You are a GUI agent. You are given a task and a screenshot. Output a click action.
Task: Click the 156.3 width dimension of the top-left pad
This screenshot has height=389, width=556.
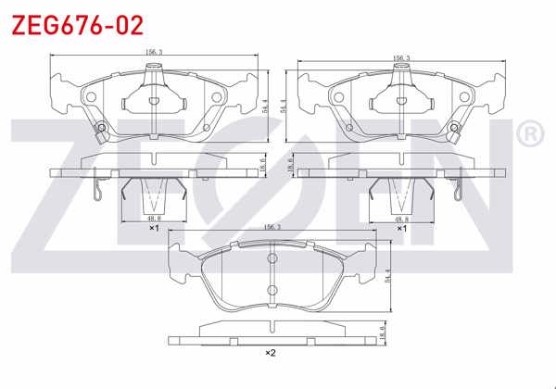[x=154, y=54]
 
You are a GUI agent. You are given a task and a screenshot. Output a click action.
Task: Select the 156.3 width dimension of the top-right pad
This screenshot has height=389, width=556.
[x=401, y=57]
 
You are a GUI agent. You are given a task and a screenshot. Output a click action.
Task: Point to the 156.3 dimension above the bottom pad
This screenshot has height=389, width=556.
[x=272, y=226]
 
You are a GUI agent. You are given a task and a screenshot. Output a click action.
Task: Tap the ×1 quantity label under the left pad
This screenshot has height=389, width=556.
[x=155, y=228]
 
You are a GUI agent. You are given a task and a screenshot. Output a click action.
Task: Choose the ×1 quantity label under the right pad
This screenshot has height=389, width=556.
[x=401, y=228]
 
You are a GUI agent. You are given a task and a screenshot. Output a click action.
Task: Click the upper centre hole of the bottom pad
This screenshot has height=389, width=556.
[x=272, y=258]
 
